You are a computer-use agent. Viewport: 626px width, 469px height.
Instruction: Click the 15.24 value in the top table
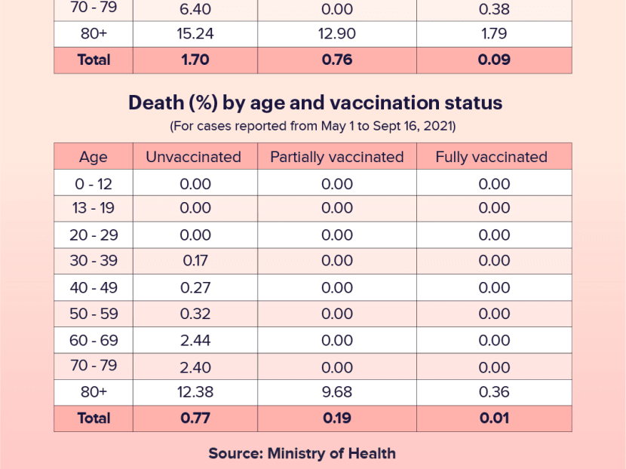196,34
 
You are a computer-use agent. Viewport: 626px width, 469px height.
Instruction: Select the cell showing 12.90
336,34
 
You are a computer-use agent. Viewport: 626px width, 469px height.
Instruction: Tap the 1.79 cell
494,34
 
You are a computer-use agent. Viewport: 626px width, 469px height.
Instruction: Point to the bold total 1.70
196,60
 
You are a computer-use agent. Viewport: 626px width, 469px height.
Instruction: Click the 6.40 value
196,9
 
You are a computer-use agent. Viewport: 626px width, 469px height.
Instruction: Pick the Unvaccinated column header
193,157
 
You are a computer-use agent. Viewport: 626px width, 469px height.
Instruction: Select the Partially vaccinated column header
336,157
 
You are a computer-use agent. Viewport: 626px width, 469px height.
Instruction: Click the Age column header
94,157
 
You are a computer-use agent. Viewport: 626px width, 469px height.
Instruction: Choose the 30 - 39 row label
94,261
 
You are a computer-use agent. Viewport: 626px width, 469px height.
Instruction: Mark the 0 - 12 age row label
94,184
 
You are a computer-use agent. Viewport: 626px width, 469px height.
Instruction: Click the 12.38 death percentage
196,392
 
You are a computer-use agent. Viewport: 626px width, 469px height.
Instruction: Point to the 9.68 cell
336,392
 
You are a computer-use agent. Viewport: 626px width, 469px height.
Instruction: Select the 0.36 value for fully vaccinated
494,392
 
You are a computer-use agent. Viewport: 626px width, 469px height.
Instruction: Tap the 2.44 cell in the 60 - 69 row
196,340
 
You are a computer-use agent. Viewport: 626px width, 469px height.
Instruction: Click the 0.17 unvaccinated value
196,261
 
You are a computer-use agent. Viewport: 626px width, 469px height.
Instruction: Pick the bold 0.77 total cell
196,418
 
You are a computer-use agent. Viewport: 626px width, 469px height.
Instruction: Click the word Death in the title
153,103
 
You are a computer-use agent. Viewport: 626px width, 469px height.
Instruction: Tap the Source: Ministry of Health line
302,453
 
